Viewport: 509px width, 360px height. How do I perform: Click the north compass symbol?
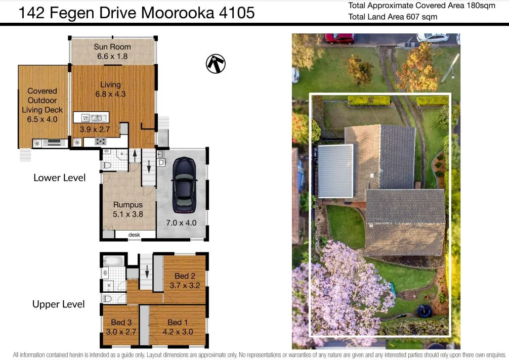[216, 63]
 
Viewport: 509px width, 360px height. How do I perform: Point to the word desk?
[134, 235]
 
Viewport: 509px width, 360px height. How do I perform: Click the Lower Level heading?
[59, 177]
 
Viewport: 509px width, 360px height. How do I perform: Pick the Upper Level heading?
[59, 304]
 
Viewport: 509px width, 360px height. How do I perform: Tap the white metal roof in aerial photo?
[335, 171]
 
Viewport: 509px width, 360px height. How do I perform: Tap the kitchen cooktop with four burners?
[100, 142]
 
